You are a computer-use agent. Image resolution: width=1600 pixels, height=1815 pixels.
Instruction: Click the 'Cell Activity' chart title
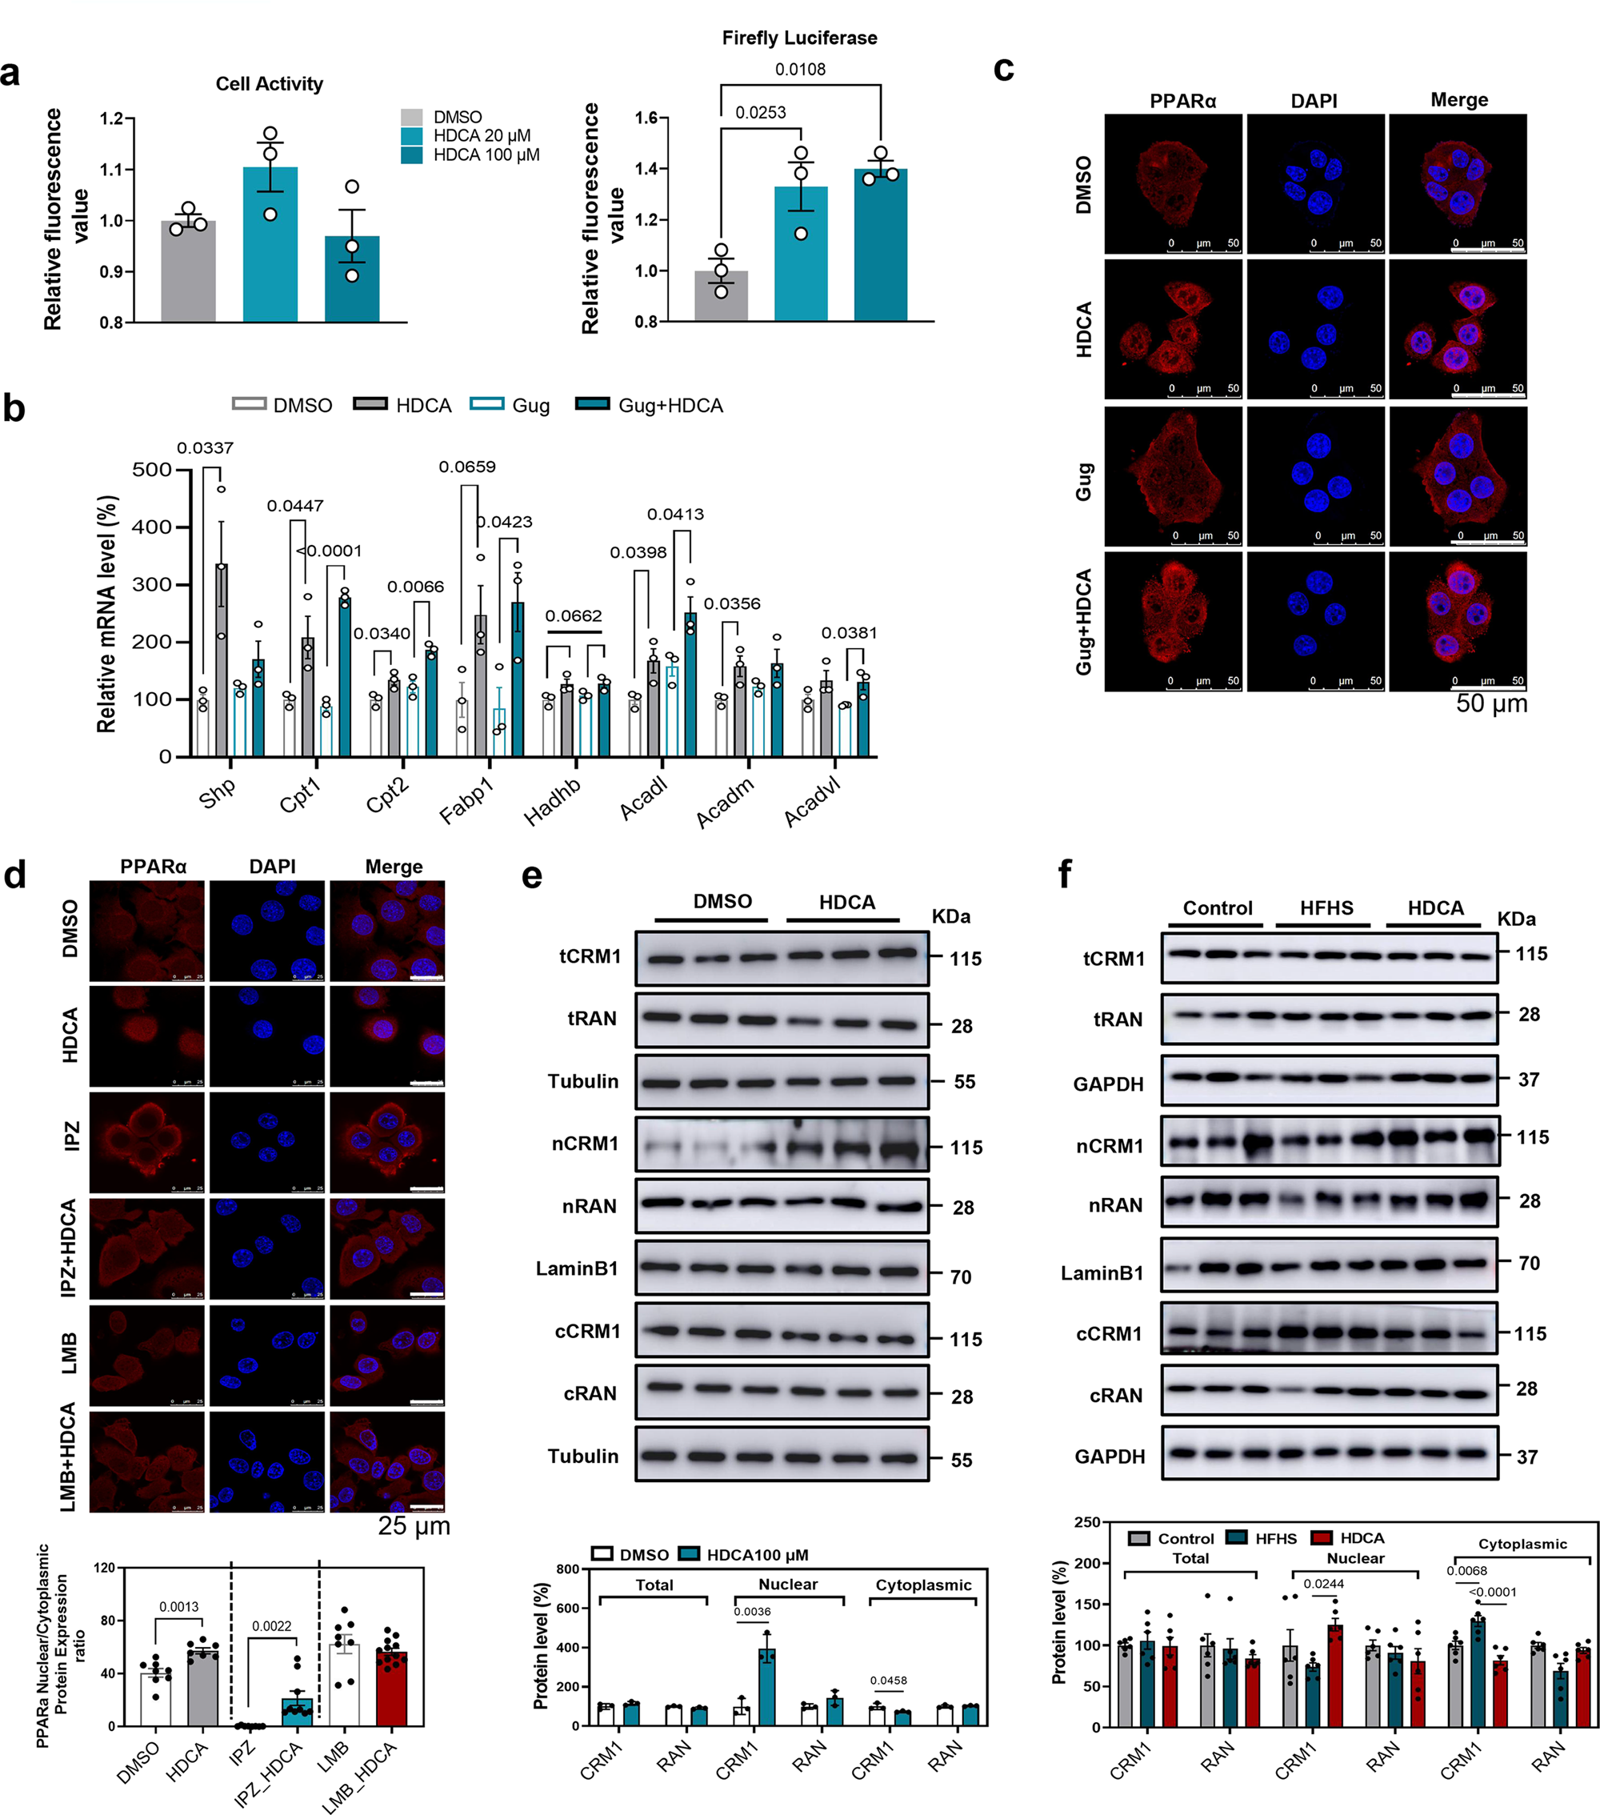pyautogui.click(x=269, y=83)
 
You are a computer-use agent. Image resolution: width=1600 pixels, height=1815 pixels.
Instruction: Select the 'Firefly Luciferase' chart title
pyautogui.click(x=799, y=38)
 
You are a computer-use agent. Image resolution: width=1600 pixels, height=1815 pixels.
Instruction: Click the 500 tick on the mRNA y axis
pyautogui.click(x=152, y=470)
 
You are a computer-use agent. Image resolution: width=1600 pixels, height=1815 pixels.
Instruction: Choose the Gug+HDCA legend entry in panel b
pyautogui.click(x=670, y=406)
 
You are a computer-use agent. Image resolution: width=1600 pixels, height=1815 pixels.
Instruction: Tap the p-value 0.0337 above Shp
pyautogui.click(x=205, y=448)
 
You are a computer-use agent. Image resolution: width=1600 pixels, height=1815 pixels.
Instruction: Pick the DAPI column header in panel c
pyautogui.click(x=1314, y=100)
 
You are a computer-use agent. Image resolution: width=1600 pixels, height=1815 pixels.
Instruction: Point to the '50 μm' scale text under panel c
pyautogui.click(x=1492, y=703)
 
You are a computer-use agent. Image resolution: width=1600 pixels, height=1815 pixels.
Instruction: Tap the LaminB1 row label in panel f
pyautogui.click(x=1102, y=1273)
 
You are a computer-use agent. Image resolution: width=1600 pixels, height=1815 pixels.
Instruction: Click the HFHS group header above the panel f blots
pyautogui.click(x=1326, y=907)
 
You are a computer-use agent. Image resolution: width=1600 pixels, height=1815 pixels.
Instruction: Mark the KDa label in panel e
pyautogui.click(x=950, y=916)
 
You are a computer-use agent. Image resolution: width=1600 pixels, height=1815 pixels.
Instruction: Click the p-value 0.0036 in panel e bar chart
pyautogui.click(x=752, y=1612)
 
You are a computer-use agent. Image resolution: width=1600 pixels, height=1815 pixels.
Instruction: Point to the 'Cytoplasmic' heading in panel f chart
pyautogui.click(x=1522, y=1545)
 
